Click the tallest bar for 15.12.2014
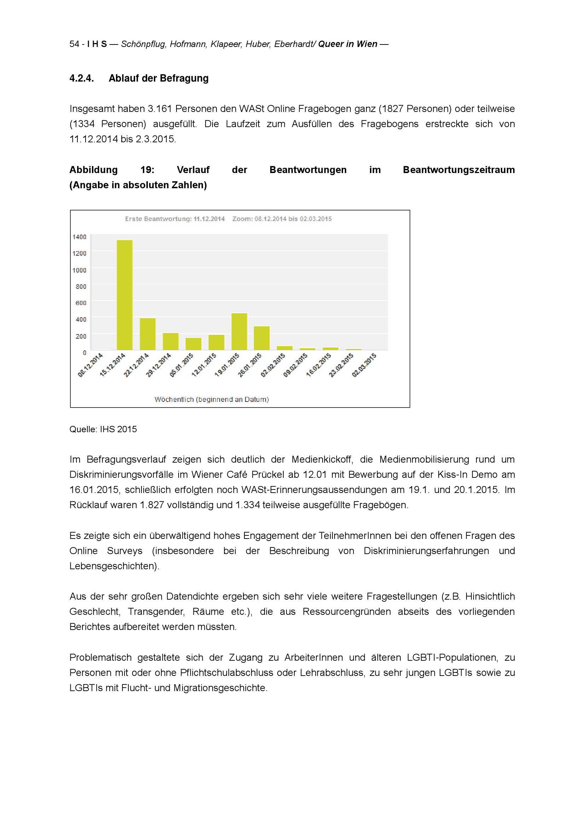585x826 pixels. click(x=124, y=295)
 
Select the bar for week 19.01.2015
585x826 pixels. click(x=239, y=332)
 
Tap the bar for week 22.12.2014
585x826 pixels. click(x=148, y=334)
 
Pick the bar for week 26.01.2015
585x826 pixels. click(x=262, y=338)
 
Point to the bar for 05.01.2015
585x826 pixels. click(x=193, y=344)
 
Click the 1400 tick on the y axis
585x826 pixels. click(x=79, y=237)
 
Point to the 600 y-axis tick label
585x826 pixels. click(x=81, y=303)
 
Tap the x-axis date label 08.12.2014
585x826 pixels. click(x=91, y=365)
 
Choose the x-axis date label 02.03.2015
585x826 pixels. click(x=364, y=365)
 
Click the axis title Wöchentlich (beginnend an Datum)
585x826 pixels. click(x=212, y=399)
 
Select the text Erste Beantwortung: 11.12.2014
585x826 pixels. click(x=175, y=219)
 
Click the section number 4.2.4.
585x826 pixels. click(x=82, y=78)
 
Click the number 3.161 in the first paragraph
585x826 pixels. click(x=160, y=109)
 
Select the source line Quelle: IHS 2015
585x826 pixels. click(x=103, y=429)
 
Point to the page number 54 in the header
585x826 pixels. click(x=74, y=44)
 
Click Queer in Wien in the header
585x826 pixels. click(x=348, y=44)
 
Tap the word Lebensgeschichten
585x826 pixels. click(x=114, y=566)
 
